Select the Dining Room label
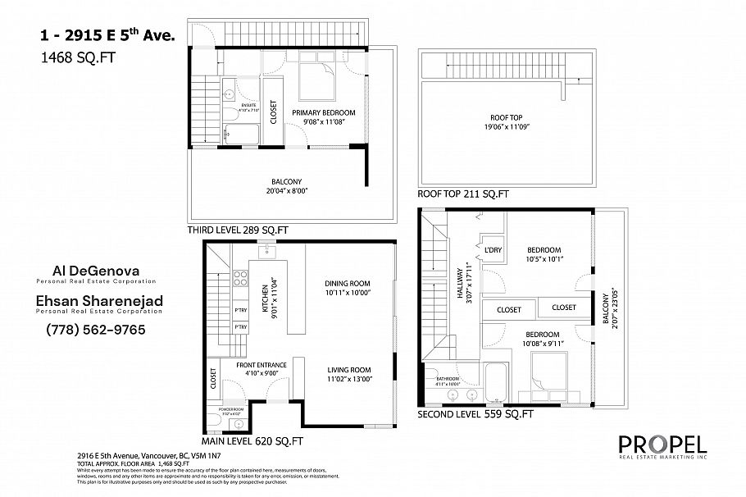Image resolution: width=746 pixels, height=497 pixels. (x=348, y=282)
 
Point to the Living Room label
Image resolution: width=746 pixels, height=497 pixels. (x=348, y=369)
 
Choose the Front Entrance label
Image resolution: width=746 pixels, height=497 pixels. (x=262, y=364)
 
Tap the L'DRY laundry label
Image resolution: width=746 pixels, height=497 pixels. (x=493, y=250)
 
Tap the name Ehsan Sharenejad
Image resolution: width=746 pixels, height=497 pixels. (x=98, y=301)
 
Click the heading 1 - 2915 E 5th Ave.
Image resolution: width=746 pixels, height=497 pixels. (x=107, y=36)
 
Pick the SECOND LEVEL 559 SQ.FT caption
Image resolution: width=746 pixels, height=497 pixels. (x=475, y=414)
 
